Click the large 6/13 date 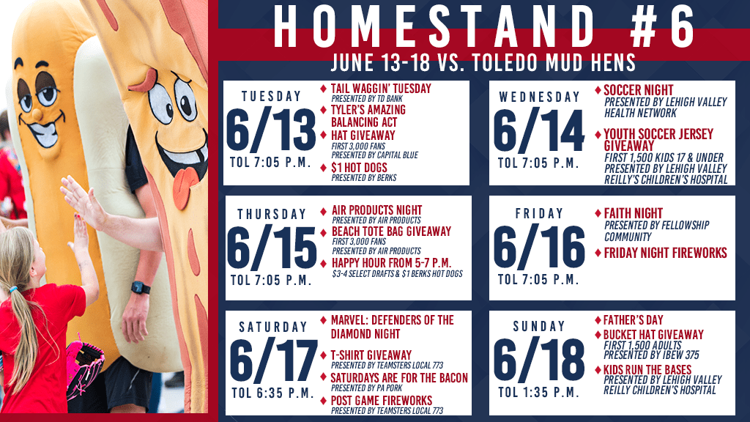[271, 130]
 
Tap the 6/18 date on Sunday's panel [539, 359]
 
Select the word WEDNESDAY [539, 97]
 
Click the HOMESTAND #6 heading [483, 27]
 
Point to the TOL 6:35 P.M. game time [273, 393]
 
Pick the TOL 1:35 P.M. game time [538, 393]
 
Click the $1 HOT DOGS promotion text [359, 168]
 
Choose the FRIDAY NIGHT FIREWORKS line [665, 253]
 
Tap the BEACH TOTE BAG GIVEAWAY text [391, 232]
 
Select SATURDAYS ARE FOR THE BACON [399, 378]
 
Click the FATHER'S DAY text [634, 319]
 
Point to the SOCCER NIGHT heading [638, 90]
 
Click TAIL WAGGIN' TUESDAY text [381, 89]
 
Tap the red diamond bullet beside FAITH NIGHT [598, 213]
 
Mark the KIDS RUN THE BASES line [647, 370]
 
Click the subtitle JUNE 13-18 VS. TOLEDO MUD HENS [483, 62]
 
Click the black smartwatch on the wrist [141, 287]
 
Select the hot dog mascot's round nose [37, 114]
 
